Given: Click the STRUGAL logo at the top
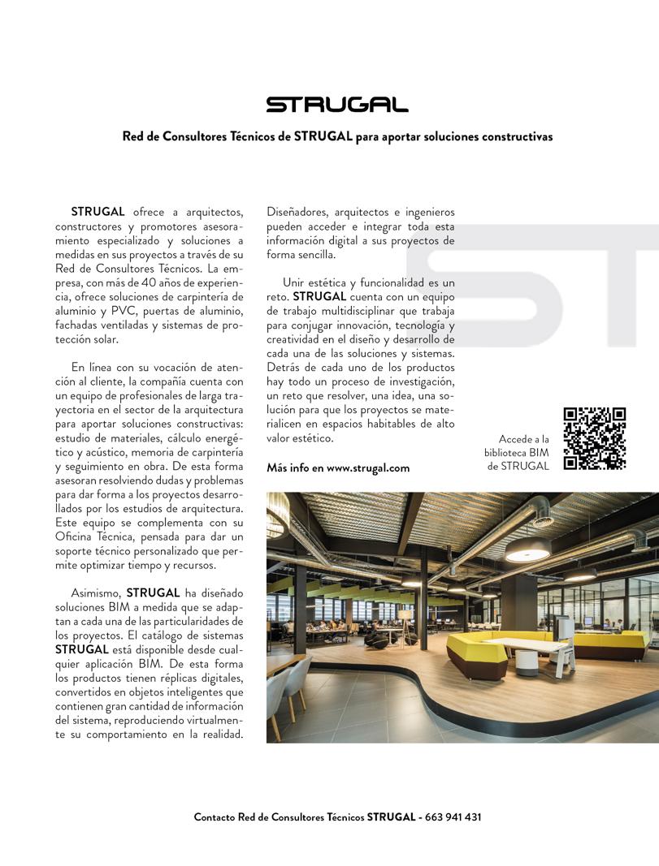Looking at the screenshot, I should pyautogui.click(x=337, y=105).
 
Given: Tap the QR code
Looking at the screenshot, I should pyautogui.click(x=595, y=437).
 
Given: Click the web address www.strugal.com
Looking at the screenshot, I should pyautogui.click(x=368, y=468).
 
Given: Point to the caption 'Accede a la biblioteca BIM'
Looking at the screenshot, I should pyautogui.click(x=524, y=446).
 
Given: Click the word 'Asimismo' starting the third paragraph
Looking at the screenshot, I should pyautogui.click(x=97, y=592).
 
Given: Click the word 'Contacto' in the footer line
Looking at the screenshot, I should pyautogui.click(x=215, y=817).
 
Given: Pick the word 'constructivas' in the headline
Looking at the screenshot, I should pyautogui.click(x=515, y=136).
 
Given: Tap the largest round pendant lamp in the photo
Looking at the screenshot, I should pyautogui.click(x=527, y=549).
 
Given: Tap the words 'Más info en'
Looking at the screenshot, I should pyautogui.click(x=295, y=468).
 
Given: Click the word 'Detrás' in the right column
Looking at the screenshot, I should pyautogui.click(x=284, y=368).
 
